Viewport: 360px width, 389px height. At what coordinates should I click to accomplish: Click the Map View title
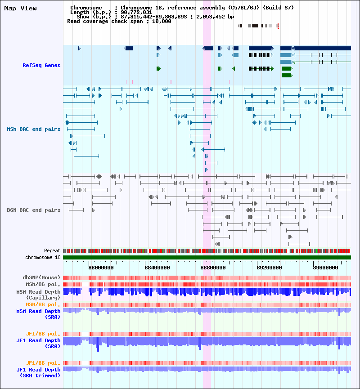pyautogui.click(x=20, y=8)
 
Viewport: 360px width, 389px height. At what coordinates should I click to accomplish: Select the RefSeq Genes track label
pyautogui.click(x=41, y=66)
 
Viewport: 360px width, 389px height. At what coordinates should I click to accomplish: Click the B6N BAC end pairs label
pyautogui.click(x=34, y=210)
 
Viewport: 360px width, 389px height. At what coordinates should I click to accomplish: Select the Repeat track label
pyautogui.click(x=52, y=250)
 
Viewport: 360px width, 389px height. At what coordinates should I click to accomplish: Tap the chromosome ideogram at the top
pyautogui.click(x=259, y=26)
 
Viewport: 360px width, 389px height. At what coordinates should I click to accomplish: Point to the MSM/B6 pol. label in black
pyautogui.click(x=43, y=284)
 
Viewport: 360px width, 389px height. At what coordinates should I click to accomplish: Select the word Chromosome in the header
pyautogui.click(x=86, y=8)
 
